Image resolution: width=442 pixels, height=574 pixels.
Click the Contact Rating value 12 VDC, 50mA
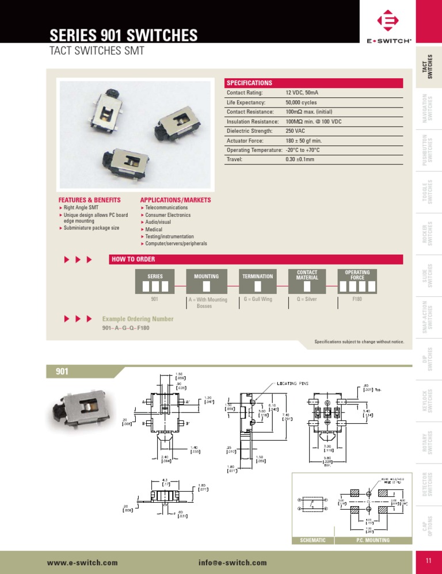coord(304,93)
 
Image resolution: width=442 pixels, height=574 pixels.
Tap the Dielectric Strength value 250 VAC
coord(296,131)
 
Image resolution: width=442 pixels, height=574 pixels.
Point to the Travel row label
coord(234,159)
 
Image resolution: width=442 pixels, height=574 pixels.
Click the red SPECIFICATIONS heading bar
coord(314,83)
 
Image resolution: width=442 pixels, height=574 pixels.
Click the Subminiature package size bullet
coord(92,228)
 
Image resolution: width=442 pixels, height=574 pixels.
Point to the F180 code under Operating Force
coord(357,300)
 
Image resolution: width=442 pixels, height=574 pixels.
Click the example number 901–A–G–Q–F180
coord(125,328)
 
